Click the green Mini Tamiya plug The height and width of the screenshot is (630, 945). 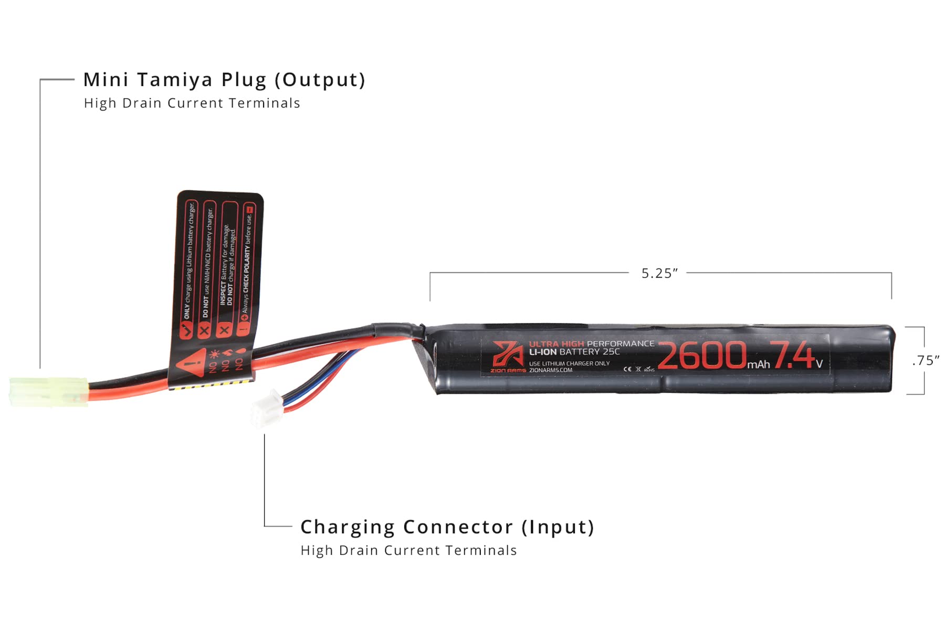pyautogui.click(x=48, y=392)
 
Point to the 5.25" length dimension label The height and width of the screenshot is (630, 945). pyautogui.click(x=659, y=274)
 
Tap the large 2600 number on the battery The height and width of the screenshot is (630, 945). pyautogui.click(x=702, y=355)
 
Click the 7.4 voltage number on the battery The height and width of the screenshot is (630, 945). pyautogui.click(x=792, y=355)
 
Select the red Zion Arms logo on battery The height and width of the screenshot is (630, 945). pyautogui.click(x=507, y=354)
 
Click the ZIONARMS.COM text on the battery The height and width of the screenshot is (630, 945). pyautogui.click(x=551, y=370)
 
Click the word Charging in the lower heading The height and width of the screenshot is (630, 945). pyautogui.click(x=347, y=527)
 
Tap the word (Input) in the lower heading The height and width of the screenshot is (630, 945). pyautogui.click(x=558, y=527)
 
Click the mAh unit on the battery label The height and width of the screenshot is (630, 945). pyautogui.click(x=759, y=364)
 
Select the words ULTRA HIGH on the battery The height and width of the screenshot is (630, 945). pyautogui.click(x=556, y=344)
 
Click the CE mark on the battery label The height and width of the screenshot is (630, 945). pyautogui.click(x=627, y=369)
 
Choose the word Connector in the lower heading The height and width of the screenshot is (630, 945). pyautogui.click(x=458, y=527)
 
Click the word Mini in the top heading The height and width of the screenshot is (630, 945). pyautogui.click(x=106, y=80)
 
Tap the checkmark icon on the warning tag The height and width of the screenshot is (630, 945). pyautogui.click(x=186, y=330)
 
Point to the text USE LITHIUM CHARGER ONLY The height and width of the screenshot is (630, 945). pyautogui.click(x=569, y=363)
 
